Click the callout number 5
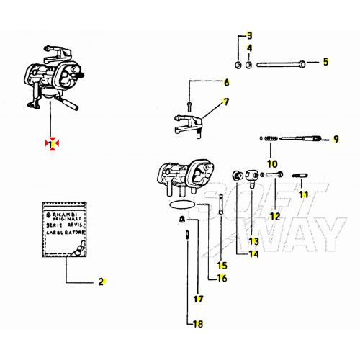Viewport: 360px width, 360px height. tap(325, 62)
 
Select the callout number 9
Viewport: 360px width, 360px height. tap(335, 139)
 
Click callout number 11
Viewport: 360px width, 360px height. tap(304, 195)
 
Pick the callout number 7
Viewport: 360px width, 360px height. tap(225, 102)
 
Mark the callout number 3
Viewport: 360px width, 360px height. tap(250, 35)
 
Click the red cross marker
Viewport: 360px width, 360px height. tap(50, 144)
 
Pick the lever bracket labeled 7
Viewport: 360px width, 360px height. tap(186, 120)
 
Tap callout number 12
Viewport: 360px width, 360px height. tap(274, 216)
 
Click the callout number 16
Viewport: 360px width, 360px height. tap(222, 279)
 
